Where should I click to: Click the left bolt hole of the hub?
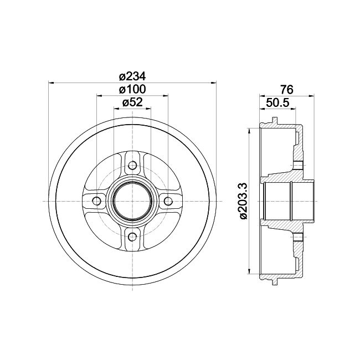click(x=95, y=200)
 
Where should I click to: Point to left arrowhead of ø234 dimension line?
click(x=52, y=83)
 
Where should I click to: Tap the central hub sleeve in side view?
click(x=288, y=200)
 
